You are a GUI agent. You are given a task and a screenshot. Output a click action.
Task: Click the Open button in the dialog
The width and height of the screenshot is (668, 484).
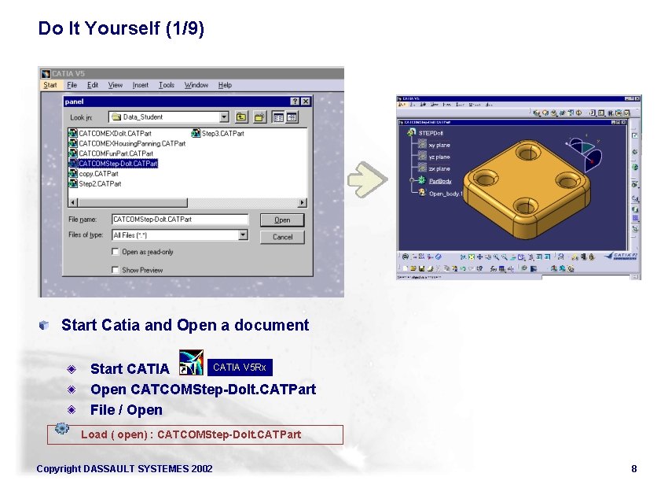point(282,220)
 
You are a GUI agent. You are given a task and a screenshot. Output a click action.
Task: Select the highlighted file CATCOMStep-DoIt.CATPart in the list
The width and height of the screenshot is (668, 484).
point(118,164)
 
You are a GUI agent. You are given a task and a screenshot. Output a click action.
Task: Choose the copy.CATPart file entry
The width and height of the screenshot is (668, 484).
point(98,174)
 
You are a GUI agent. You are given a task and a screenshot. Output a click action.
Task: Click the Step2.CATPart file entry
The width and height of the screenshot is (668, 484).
point(100,184)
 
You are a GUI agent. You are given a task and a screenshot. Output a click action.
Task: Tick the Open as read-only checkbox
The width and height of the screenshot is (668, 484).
point(115,253)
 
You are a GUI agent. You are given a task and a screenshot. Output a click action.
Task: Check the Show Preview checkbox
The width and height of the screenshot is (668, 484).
point(115,270)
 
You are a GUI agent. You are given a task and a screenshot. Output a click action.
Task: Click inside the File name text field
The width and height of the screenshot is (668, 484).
point(179,220)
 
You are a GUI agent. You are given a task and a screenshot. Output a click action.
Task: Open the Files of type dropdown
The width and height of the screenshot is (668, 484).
point(243,235)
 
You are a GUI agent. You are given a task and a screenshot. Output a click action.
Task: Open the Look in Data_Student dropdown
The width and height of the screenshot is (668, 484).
point(224,117)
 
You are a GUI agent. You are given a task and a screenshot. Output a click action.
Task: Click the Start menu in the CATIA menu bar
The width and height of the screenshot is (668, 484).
point(50,85)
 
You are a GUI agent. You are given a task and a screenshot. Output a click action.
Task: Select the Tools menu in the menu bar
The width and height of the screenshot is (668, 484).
point(167,85)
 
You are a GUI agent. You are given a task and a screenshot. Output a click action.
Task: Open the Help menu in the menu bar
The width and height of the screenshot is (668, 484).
point(225,85)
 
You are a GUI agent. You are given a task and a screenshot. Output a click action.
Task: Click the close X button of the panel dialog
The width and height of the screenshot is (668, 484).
point(306,102)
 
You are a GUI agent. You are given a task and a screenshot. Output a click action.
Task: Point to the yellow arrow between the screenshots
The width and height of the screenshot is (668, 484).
point(367,179)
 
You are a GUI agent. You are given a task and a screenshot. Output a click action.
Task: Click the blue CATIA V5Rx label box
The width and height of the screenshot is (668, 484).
point(240,368)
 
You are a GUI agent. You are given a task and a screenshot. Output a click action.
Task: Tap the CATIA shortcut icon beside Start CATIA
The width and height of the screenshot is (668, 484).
point(191,363)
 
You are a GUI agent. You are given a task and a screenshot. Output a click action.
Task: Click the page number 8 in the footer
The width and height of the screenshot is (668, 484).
point(633,469)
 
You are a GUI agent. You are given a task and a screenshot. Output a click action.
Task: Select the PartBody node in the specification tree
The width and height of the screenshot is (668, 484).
point(439,181)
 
